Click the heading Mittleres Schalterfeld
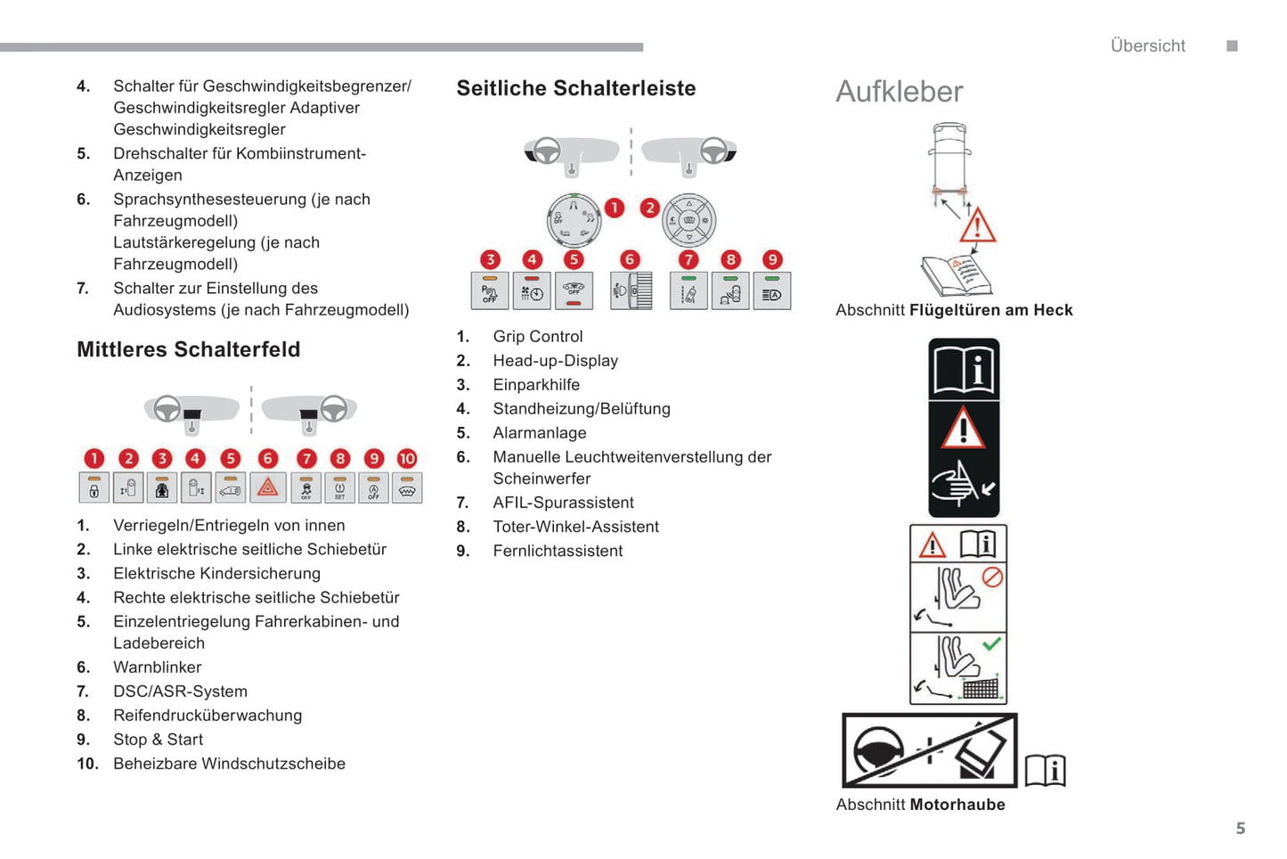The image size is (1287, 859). coord(188,349)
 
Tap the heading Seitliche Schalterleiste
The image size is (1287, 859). coord(575,88)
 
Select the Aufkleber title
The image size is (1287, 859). coord(899,92)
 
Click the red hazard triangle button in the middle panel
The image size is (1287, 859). coord(268,487)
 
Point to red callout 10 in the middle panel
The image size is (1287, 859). coord(407,458)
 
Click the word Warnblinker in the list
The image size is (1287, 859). coord(157,667)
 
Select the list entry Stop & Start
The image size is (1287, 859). coord(158,740)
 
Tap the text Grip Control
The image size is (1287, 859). coord(537,337)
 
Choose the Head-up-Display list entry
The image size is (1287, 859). coord(555,361)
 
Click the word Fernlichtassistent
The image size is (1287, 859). coord(558,552)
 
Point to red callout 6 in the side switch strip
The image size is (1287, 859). coord(630,259)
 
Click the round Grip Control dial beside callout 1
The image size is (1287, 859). coord(573,220)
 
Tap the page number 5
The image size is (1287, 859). coord(1240,829)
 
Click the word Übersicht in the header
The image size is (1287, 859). coord(1147,46)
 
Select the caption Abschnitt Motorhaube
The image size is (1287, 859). coord(920,805)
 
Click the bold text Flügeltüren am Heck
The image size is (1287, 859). coord(990,310)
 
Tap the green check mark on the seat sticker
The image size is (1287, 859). coord(991,643)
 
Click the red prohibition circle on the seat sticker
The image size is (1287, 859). coord(992,577)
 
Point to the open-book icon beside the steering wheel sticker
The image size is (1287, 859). coord(1045,770)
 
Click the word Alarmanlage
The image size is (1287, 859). coord(539,433)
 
